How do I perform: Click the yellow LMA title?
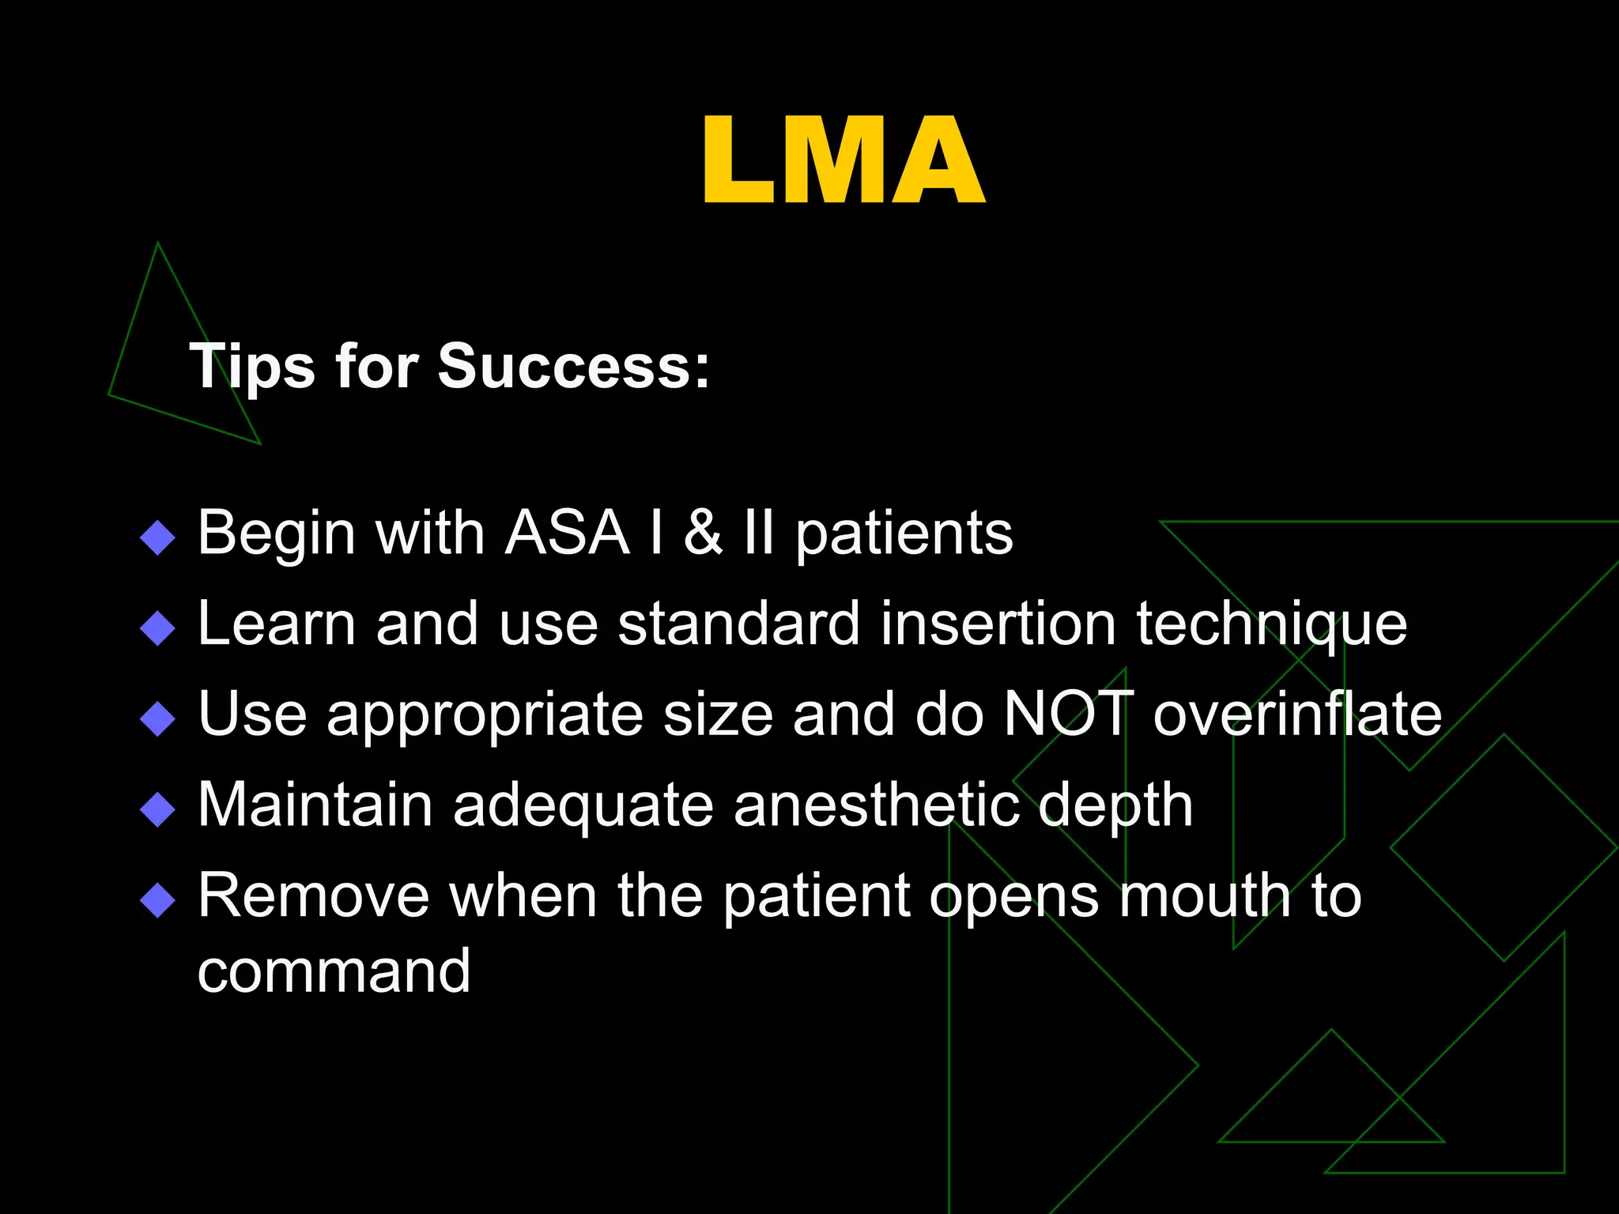(843, 161)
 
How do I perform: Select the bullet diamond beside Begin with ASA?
(157, 538)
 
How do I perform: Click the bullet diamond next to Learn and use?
(157, 629)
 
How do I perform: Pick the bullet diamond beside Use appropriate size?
(157, 719)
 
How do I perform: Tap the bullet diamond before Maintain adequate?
(157, 810)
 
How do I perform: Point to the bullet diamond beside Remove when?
(157, 900)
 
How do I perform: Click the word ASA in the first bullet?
(567, 533)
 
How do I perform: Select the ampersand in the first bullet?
(702, 533)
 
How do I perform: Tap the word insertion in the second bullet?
(998, 624)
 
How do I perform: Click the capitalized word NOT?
(1068, 714)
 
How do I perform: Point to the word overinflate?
(1297, 714)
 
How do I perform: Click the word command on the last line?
(334, 971)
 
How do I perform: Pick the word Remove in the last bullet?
(314, 896)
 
